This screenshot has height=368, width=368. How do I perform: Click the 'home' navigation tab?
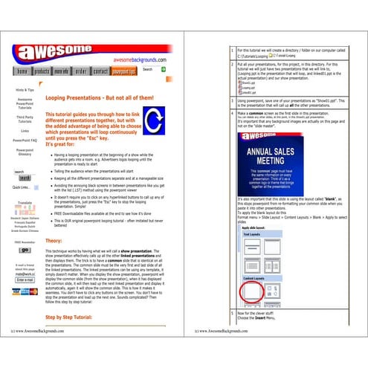pos(22,71)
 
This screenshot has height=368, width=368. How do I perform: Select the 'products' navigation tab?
pos(42,71)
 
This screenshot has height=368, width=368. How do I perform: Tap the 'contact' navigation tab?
pos(100,71)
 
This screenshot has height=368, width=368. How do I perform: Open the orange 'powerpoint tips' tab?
pos(123,71)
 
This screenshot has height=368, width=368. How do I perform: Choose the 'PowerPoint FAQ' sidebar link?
pos(25,140)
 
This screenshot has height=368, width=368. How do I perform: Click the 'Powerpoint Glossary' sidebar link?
pos(25,152)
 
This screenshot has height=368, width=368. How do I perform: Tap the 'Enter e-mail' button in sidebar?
pos(25,280)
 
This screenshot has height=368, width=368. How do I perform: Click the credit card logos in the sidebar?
pos(25,291)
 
